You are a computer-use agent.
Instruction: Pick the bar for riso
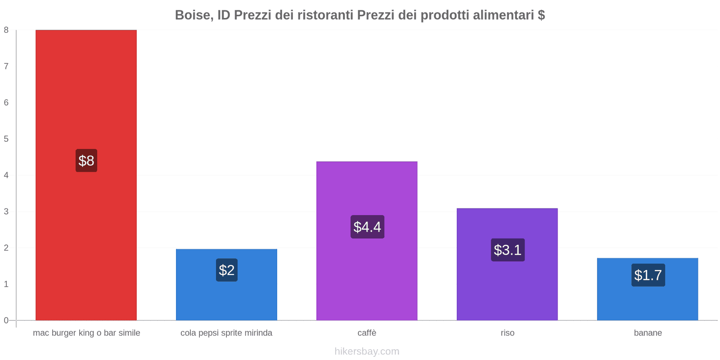tap(507, 288)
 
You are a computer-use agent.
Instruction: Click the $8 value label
tap(86, 161)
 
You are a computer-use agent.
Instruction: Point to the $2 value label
tap(227, 270)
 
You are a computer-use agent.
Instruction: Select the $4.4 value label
tap(367, 227)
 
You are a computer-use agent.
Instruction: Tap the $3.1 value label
tap(508, 250)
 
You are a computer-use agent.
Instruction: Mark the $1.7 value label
tap(648, 275)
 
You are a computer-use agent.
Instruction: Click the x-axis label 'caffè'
tap(367, 333)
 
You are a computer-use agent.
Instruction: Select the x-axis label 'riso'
tap(507, 333)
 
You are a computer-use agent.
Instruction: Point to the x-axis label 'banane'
tap(648, 333)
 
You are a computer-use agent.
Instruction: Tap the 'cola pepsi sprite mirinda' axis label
tap(226, 333)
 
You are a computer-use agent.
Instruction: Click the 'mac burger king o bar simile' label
tap(86, 333)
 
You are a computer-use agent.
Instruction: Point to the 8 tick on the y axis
tap(6, 30)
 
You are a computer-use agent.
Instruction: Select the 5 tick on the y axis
tap(6, 139)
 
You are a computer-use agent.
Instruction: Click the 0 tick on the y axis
tap(6, 320)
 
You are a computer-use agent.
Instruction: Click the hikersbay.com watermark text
tap(367, 351)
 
